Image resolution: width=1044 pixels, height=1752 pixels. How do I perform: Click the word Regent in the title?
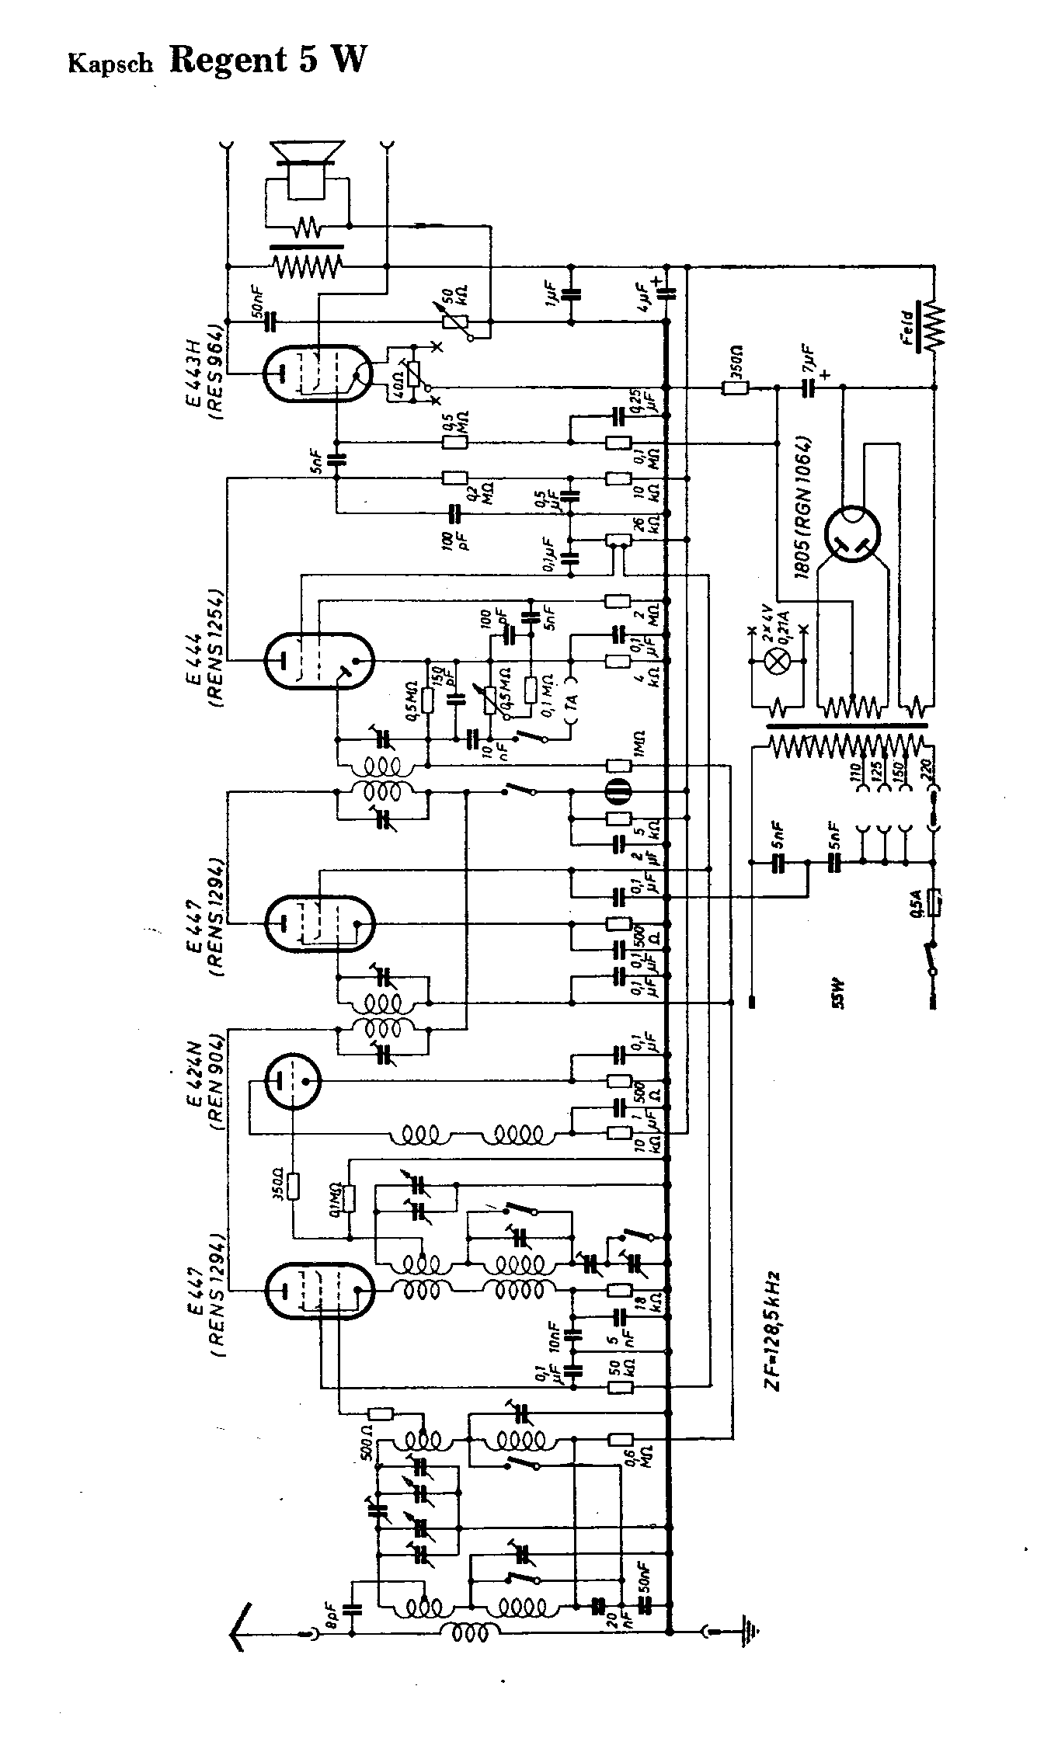[228, 59]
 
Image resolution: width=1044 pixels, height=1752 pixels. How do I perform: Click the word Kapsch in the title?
[110, 64]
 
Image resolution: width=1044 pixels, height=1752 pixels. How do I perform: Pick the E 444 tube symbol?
[318, 661]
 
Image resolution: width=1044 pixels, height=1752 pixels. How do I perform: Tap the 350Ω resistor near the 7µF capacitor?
[735, 387]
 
